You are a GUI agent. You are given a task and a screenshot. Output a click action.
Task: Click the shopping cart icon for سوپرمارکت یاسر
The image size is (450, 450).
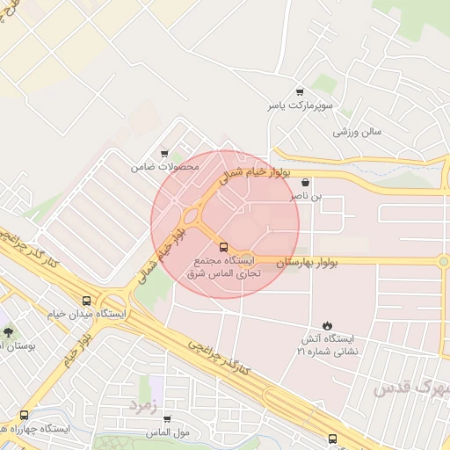(300, 92)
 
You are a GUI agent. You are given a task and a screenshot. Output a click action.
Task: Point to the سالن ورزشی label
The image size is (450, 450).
(357, 132)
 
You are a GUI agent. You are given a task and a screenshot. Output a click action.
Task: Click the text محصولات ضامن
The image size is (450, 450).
(165, 166)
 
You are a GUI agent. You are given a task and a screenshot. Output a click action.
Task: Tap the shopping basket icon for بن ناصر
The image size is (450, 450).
(304, 184)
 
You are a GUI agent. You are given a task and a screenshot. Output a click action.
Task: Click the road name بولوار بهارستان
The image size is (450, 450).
(308, 262)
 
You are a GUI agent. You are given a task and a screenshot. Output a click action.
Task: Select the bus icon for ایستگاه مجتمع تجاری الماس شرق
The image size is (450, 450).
(222, 247)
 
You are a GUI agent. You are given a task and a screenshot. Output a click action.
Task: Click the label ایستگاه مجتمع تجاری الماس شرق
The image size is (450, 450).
(220, 267)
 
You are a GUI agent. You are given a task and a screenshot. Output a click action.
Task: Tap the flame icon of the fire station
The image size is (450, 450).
(328, 325)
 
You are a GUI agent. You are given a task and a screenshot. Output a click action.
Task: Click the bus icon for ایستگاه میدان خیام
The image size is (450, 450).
(86, 300)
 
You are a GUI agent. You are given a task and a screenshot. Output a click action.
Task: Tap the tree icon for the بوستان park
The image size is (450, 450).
(9, 332)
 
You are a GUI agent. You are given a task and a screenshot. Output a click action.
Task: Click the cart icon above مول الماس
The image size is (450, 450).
(168, 419)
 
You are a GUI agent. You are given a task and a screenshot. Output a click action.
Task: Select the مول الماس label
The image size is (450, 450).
(170, 432)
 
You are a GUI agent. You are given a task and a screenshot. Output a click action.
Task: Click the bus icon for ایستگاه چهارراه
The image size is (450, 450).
(24, 416)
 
